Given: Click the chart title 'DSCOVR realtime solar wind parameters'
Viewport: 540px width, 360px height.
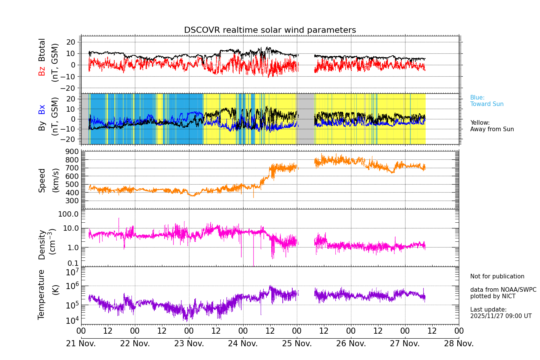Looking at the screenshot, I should click(x=270, y=30).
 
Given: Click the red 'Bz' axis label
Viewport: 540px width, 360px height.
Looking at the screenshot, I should click(x=42, y=71).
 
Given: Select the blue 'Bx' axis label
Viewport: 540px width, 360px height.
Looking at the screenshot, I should click(x=42, y=109).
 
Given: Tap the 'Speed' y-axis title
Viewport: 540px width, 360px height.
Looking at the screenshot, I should click(x=42, y=180).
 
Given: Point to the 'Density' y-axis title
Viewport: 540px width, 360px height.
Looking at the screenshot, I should click(x=42, y=244).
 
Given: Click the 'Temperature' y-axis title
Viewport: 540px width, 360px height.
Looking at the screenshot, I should click(x=41, y=294).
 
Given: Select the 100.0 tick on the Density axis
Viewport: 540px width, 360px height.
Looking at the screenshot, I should click(x=68, y=214).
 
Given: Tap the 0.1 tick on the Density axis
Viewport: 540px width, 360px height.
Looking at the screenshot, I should click(x=73, y=263).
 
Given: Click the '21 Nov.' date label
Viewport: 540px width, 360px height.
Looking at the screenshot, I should click(x=81, y=344).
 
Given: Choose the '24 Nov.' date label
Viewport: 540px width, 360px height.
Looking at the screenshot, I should click(x=243, y=344).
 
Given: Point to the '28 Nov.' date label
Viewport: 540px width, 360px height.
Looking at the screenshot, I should click(x=459, y=344).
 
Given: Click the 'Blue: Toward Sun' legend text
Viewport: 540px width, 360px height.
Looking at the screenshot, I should click(x=487, y=101).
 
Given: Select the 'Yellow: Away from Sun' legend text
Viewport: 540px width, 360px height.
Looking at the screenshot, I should click(x=492, y=126).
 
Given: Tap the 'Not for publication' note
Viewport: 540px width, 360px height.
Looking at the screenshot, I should click(x=497, y=276).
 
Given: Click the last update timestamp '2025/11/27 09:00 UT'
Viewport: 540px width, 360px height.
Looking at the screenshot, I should click(x=501, y=316).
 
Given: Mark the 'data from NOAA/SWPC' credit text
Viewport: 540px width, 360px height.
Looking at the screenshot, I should click(x=503, y=290).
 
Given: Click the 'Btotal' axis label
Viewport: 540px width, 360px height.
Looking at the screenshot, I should click(x=42, y=50).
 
